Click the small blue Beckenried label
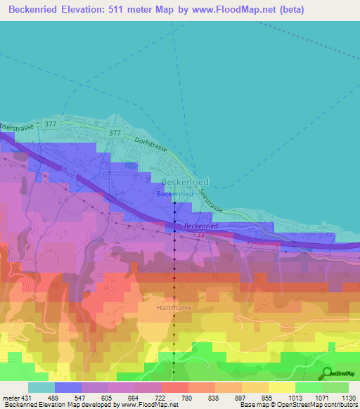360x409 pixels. (174, 193)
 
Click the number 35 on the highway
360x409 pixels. (201, 233)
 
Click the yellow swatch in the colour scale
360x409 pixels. (282, 387)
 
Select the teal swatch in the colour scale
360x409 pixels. (41, 387)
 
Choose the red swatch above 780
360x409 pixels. (175, 387)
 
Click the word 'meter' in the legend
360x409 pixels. (10, 397)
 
